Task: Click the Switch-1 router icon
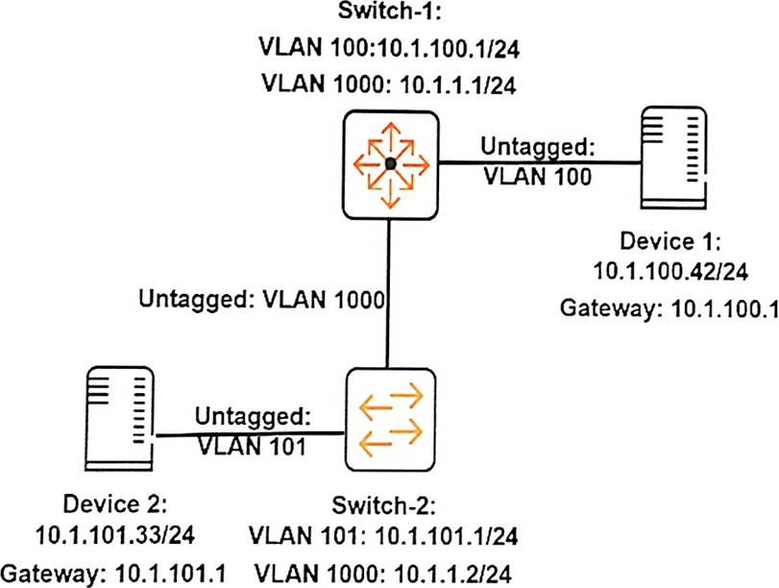point(389,164)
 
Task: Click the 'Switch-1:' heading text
point(389,15)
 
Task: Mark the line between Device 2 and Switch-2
point(250,434)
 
